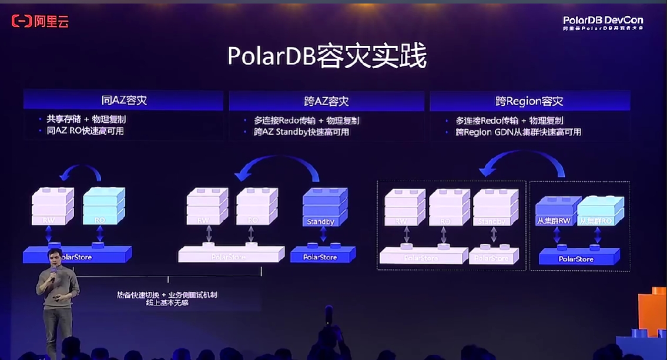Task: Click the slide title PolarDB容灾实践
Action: (x=327, y=56)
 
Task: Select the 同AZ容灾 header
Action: (x=123, y=100)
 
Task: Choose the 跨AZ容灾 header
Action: (x=326, y=102)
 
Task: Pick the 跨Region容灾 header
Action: (x=529, y=102)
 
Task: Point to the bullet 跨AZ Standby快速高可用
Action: (x=301, y=132)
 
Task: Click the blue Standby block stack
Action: (x=324, y=207)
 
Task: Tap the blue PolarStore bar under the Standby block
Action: (x=322, y=255)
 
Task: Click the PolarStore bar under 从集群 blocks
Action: (x=578, y=257)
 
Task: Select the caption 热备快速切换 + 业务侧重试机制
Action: (x=167, y=294)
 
